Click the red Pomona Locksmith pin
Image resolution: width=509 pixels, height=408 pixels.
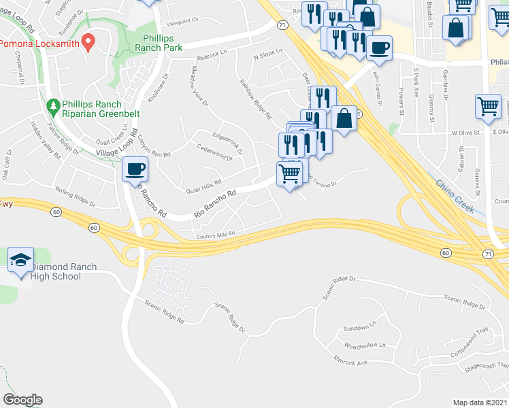[87, 42]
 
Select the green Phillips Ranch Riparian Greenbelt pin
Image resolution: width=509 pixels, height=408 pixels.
[53, 107]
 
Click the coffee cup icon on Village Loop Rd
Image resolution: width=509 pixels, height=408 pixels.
[135, 168]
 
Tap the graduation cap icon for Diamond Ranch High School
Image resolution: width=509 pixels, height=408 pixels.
[20, 260]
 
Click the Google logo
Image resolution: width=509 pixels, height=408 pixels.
[22, 400]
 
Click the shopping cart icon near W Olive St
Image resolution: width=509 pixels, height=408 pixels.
[487, 106]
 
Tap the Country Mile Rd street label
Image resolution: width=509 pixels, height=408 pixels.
[215, 235]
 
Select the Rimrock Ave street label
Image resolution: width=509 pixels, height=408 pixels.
[350, 362]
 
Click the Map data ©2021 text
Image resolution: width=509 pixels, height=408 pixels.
[479, 403]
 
